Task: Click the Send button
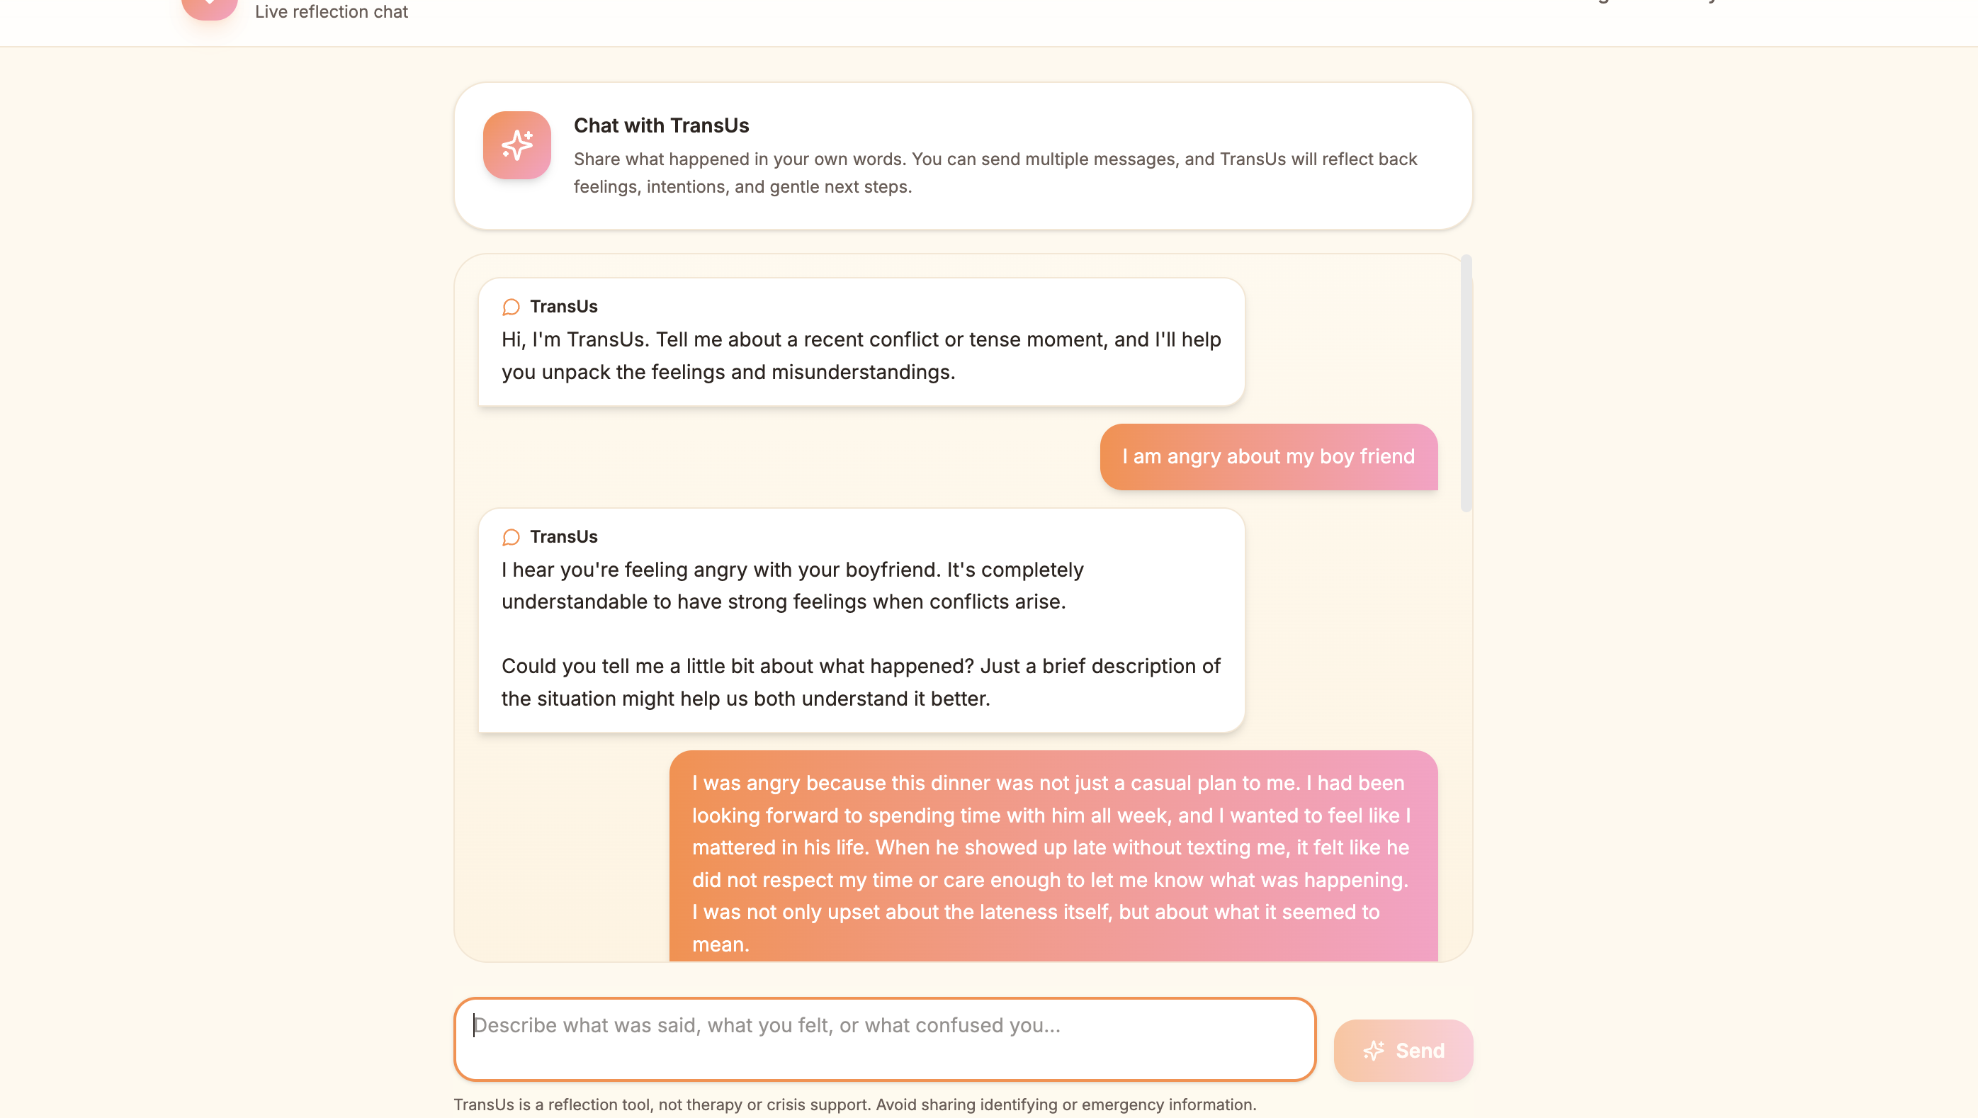click(x=1403, y=1050)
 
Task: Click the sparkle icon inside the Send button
click(x=1374, y=1050)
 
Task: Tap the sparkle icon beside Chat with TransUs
click(x=516, y=145)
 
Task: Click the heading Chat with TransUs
click(x=661, y=125)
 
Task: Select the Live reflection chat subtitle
click(x=331, y=11)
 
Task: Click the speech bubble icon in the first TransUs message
click(x=511, y=307)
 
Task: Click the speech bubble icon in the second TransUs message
click(x=511, y=537)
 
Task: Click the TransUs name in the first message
click(x=564, y=306)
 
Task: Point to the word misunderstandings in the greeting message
click(x=862, y=372)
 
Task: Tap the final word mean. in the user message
click(x=720, y=944)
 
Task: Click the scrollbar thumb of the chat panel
click(x=1466, y=384)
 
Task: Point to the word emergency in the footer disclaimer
click(x=1119, y=1104)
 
